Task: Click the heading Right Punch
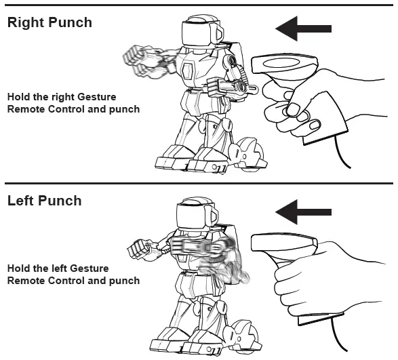[x=49, y=22]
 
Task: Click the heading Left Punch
[x=44, y=201]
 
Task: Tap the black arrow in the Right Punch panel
[x=303, y=28]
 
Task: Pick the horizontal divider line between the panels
[x=199, y=183]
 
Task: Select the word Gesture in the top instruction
[x=97, y=97]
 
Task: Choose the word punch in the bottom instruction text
[x=125, y=281]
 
